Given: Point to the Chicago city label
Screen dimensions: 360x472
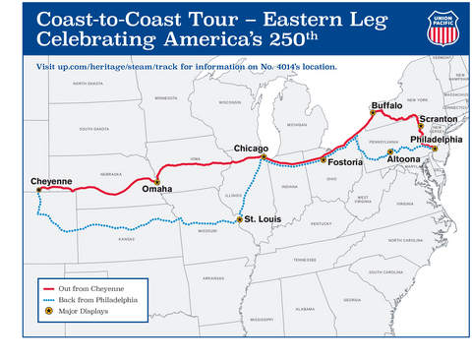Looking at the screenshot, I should pyautogui.click(x=252, y=149).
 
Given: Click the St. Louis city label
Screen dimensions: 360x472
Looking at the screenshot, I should pyautogui.click(x=264, y=217).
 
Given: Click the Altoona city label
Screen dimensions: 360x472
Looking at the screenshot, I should pyautogui.click(x=405, y=158).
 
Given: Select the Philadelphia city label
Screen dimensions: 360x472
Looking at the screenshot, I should pyautogui.click(x=433, y=140).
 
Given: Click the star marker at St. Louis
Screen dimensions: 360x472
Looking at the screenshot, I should pyautogui.click(x=239, y=219).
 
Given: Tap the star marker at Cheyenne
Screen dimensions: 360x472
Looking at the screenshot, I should pyautogui.click(x=39, y=191).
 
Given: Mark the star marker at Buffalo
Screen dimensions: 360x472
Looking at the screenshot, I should pyautogui.click(x=373, y=113).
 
